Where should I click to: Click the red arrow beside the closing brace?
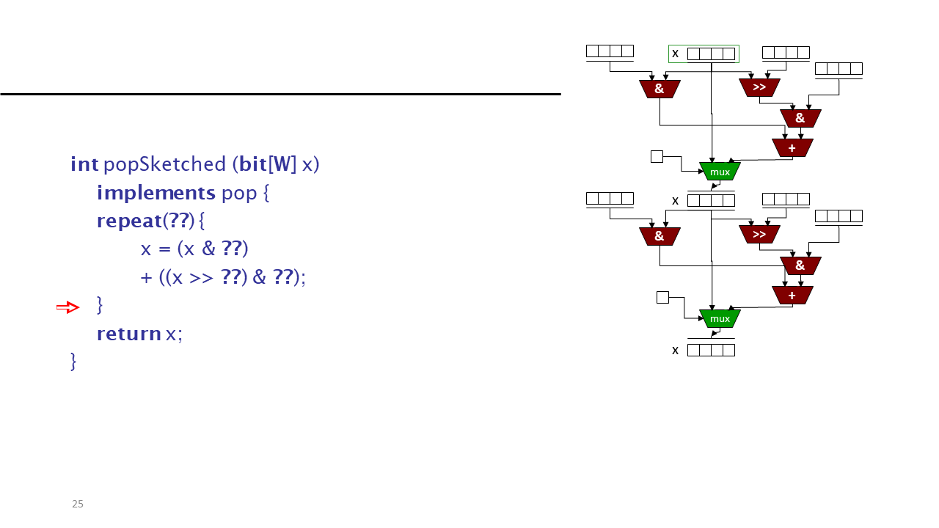[68, 307]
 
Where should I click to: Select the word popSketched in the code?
[165, 164]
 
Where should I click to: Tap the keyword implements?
[156, 193]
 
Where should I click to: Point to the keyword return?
[129, 334]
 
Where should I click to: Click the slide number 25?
[78, 504]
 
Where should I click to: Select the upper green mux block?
[720, 172]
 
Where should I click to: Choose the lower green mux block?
[720, 318]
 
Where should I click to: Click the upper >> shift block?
[759, 87]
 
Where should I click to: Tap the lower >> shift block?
[759, 234]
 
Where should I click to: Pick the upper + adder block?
[792, 148]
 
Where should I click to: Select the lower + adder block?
[792, 295]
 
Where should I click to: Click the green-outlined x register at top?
[704, 54]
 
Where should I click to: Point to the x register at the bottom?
[711, 350]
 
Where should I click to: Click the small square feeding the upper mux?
[657, 157]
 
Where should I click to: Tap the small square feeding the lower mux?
[662, 298]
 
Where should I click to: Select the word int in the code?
[84, 164]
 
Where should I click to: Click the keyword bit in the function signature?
[253, 164]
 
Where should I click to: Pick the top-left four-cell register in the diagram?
[610, 51]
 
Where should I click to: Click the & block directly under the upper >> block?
[800, 118]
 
